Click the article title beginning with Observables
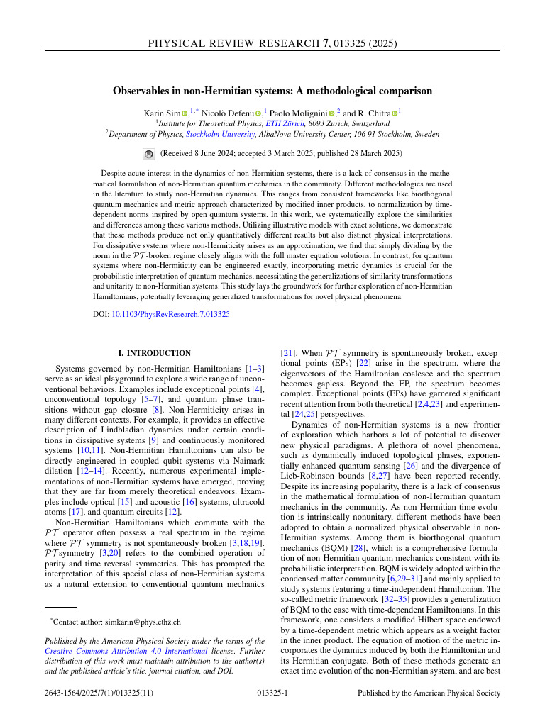272,91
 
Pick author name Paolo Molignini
300,113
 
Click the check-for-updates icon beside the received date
148,153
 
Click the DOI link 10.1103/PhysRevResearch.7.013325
171,314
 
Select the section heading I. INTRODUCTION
154,353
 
